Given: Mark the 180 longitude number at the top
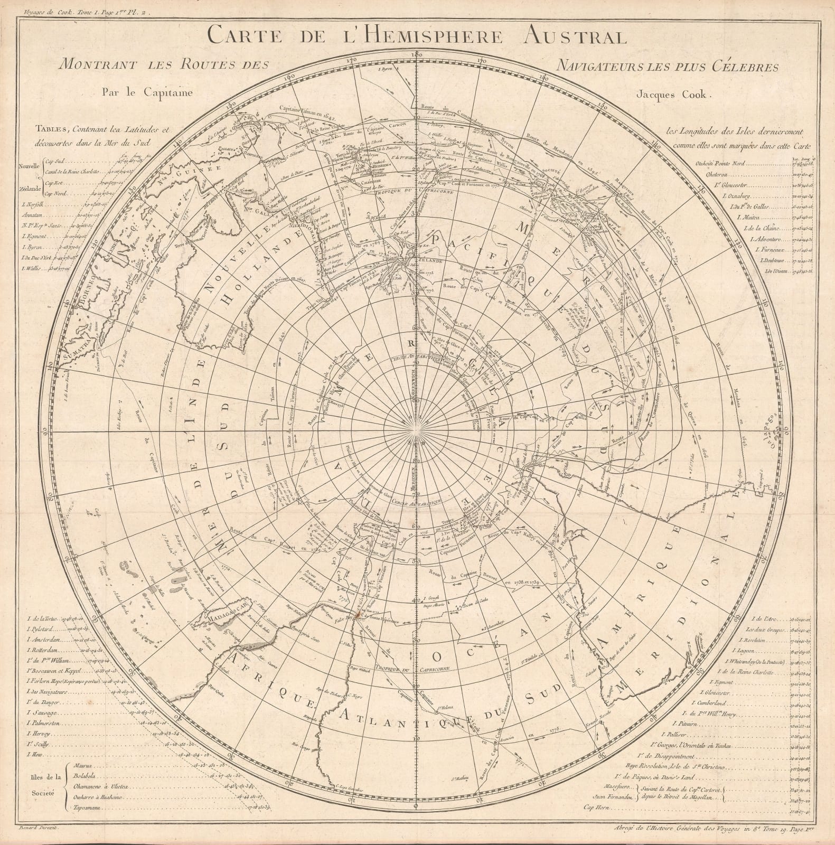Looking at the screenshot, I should point(417,54).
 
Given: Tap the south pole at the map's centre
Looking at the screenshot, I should point(418,431).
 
